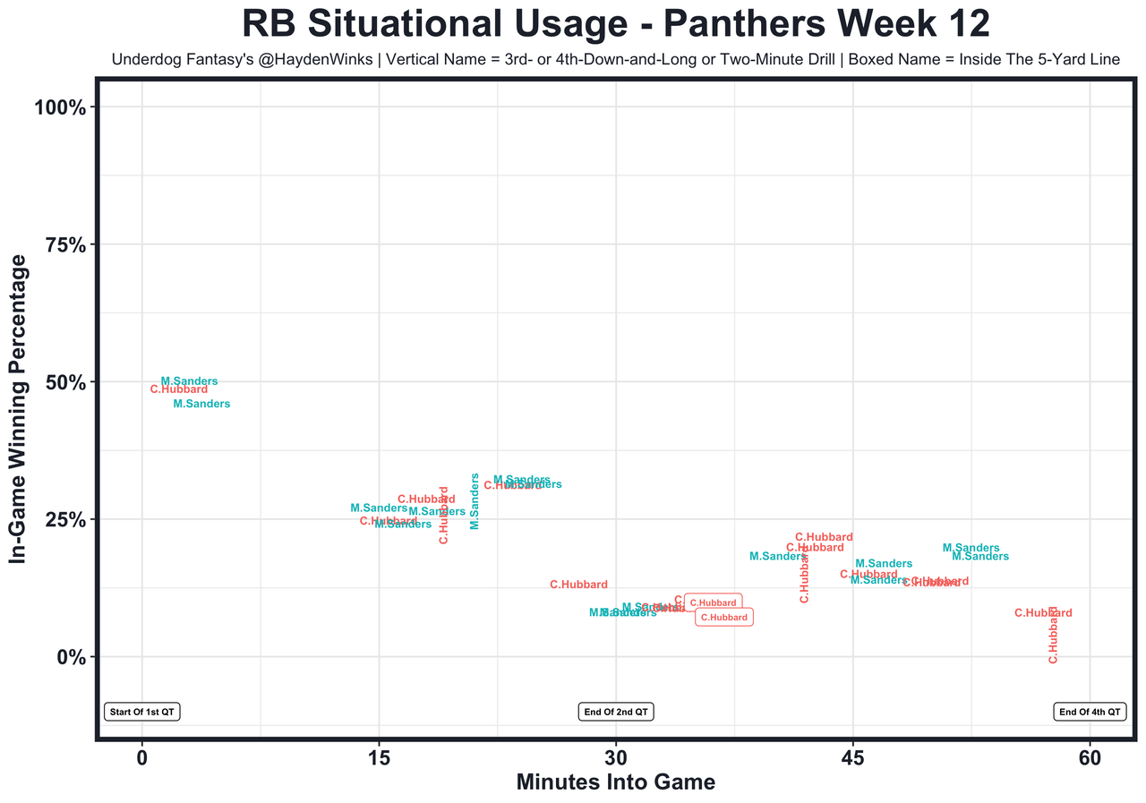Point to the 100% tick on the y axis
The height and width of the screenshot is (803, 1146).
[x=61, y=107]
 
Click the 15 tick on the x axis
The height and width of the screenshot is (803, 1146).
[x=379, y=758]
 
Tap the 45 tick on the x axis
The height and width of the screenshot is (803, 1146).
[x=852, y=758]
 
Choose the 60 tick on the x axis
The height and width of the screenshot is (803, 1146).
[x=1090, y=758]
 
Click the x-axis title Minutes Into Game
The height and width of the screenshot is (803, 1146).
[x=615, y=782]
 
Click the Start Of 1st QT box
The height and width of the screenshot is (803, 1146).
[x=142, y=713]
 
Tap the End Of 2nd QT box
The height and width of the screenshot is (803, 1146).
[x=616, y=713]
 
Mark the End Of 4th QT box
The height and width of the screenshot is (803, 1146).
[x=1090, y=713]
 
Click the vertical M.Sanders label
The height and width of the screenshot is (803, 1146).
[x=475, y=501]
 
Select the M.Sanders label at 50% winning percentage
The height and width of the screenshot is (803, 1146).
[x=189, y=381]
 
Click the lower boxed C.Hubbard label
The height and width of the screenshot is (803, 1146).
[x=723, y=618]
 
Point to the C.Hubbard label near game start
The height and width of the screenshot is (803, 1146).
[x=179, y=389]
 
